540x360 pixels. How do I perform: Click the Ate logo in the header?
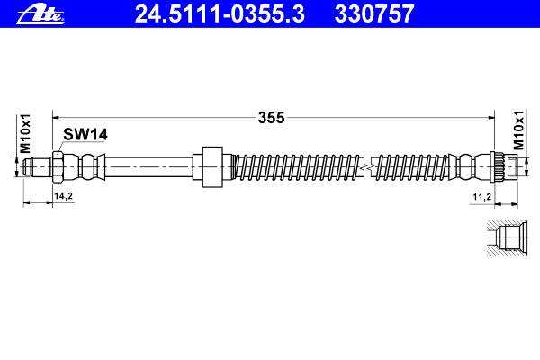(40, 15)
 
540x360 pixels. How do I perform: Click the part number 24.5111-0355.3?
(220, 14)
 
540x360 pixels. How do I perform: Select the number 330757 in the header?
(374, 14)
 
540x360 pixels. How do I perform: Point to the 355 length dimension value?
(272, 118)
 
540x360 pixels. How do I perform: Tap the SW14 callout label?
(85, 134)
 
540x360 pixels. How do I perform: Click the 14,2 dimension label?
(63, 196)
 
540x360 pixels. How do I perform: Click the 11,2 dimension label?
(481, 197)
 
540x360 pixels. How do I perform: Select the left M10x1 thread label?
(25, 134)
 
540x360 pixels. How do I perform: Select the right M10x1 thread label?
(518, 130)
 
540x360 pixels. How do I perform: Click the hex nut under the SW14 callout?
(58, 167)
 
